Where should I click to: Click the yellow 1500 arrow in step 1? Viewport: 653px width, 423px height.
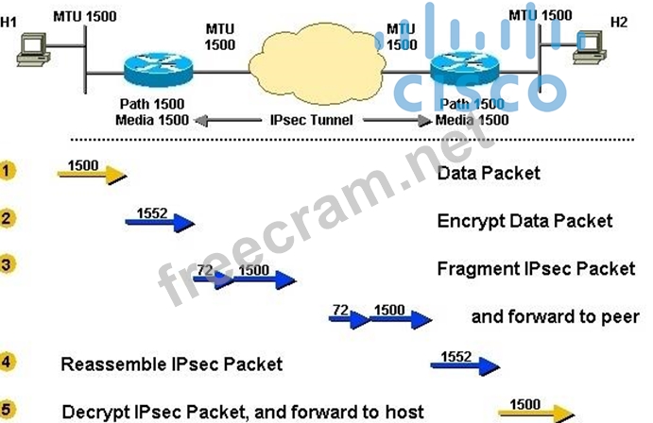(x=92, y=172)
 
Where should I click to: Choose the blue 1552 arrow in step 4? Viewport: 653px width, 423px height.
(x=464, y=363)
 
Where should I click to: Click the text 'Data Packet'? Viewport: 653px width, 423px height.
(x=489, y=173)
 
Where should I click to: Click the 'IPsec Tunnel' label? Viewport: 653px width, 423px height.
(x=311, y=120)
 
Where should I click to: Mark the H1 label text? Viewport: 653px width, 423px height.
(x=9, y=20)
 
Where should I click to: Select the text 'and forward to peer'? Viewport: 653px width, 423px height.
(x=555, y=316)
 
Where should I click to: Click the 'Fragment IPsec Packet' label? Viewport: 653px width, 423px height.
(x=536, y=269)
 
